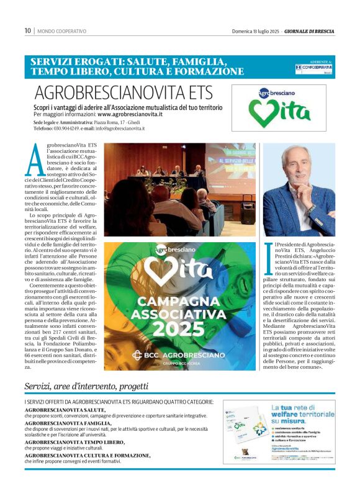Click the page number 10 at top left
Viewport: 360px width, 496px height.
(x=28, y=30)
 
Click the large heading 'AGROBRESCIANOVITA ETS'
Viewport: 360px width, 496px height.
(x=124, y=93)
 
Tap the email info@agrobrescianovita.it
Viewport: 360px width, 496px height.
(x=118, y=129)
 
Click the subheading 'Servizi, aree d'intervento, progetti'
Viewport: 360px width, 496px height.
(x=86, y=386)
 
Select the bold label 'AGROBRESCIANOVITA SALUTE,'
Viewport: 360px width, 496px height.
(x=65, y=410)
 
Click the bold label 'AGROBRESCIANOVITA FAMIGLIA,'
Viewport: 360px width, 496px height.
(x=68, y=423)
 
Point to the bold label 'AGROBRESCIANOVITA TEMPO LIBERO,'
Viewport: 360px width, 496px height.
(x=75, y=442)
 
